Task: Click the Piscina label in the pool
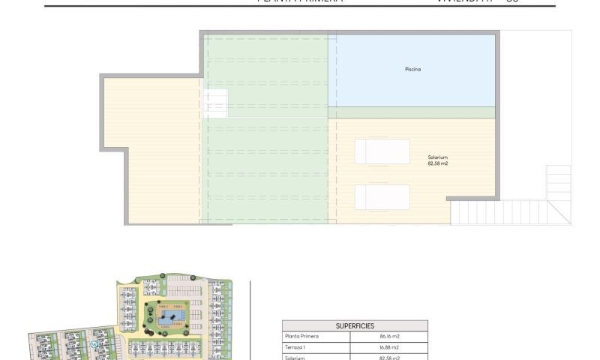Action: click(x=412, y=70)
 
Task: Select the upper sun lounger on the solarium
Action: click(x=382, y=151)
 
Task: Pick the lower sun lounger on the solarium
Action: click(x=382, y=197)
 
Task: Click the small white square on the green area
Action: click(x=216, y=103)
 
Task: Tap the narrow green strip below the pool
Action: click(x=412, y=112)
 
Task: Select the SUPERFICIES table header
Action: click(x=355, y=325)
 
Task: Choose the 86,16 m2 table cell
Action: click(x=389, y=337)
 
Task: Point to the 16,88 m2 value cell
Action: click(x=389, y=347)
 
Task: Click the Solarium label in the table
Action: click(x=295, y=357)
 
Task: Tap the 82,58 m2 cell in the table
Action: click(x=389, y=357)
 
